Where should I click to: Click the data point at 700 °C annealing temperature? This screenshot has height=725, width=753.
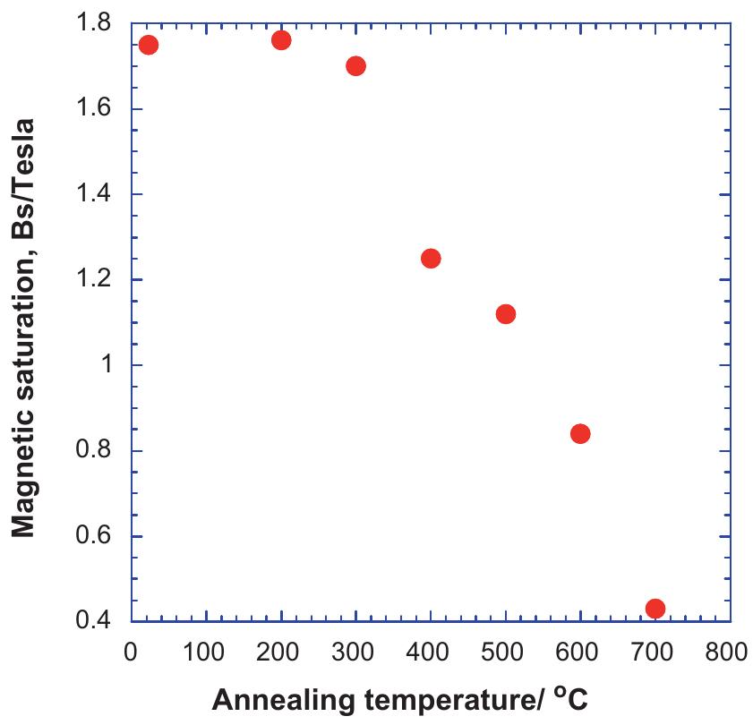coord(655,609)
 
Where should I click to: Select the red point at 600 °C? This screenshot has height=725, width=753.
coord(580,434)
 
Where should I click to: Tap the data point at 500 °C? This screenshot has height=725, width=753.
coord(505,314)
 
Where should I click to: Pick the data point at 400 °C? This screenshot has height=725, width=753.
coord(431,259)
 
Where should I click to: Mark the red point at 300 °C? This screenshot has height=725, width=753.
coord(355,66)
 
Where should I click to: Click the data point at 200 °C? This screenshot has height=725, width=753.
coord(281,40)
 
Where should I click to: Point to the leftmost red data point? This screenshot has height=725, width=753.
coord(149,46)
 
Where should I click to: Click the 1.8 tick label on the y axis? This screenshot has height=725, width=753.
coord(96,24)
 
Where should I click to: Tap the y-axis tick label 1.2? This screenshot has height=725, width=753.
coord(96,280)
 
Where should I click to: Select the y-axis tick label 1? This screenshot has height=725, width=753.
coord(107,366)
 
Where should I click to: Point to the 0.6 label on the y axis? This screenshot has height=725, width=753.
coord(96,537)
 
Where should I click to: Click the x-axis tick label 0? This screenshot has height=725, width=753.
coord(132,651)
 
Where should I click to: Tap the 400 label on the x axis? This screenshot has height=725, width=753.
coord(431,651)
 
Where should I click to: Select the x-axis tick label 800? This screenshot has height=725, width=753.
coord(728,651)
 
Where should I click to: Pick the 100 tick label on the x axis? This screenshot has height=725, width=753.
coord(207,651)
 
